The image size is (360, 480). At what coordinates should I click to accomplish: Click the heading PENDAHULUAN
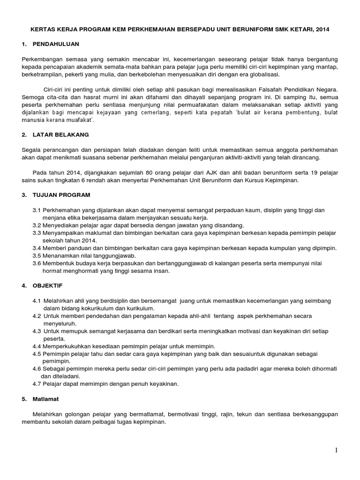point(56,44)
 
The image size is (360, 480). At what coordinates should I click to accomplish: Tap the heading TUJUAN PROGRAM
point(62,195)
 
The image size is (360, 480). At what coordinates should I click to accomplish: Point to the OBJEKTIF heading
point(47,285)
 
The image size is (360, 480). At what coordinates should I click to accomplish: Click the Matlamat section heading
point(46,399)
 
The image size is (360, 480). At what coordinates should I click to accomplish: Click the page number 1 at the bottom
point(336,450)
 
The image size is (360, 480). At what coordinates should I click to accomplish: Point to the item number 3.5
point(37,255)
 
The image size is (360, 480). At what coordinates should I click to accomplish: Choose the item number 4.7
point(37,384)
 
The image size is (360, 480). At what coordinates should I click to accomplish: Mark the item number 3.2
point(37,225)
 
